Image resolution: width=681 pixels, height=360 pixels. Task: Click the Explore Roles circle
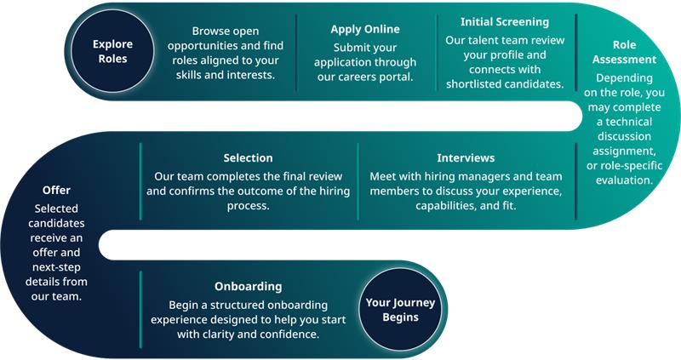pos(112,51)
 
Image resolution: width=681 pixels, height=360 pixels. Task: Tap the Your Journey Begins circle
pos(400,310)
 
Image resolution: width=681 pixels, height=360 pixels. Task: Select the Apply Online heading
pos(365,29)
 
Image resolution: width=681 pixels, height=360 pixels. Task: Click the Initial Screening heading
pos(505,22)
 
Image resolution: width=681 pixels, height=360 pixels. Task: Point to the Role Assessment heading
pos(624,52)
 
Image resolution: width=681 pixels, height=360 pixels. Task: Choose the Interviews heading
pos(466,157)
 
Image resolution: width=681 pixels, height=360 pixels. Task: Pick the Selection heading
pos(248,157)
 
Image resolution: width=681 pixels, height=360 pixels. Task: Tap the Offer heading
pos(56,190)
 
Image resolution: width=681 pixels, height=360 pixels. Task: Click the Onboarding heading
pos(248,287)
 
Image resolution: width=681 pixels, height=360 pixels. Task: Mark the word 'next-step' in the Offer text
pos(56,267)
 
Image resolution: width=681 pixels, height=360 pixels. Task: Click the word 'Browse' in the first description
pos(207,31)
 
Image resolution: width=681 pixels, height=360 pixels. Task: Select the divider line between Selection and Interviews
pos(358,181)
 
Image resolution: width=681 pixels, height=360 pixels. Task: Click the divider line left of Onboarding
pos(140,309)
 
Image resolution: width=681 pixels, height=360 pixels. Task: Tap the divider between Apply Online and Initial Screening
pos(437,53)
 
